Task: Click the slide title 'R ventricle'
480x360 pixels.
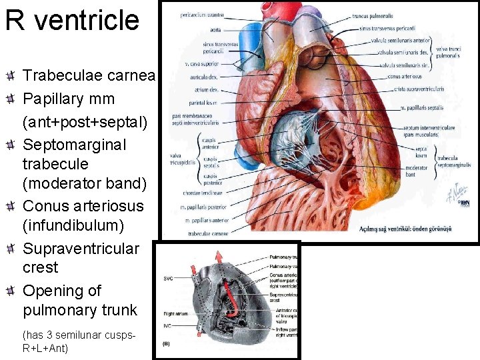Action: tap(72, 21)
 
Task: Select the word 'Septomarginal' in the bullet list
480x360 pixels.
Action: tap(65, 145)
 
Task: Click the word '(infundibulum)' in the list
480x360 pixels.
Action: tap(73, 226)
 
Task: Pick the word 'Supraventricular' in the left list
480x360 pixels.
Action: tap(81, 249)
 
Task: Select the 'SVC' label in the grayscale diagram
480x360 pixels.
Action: tap(169, 278)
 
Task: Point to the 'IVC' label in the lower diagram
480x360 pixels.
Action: tap(169, 325)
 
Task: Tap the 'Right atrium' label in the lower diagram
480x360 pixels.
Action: tap(176, 313)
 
